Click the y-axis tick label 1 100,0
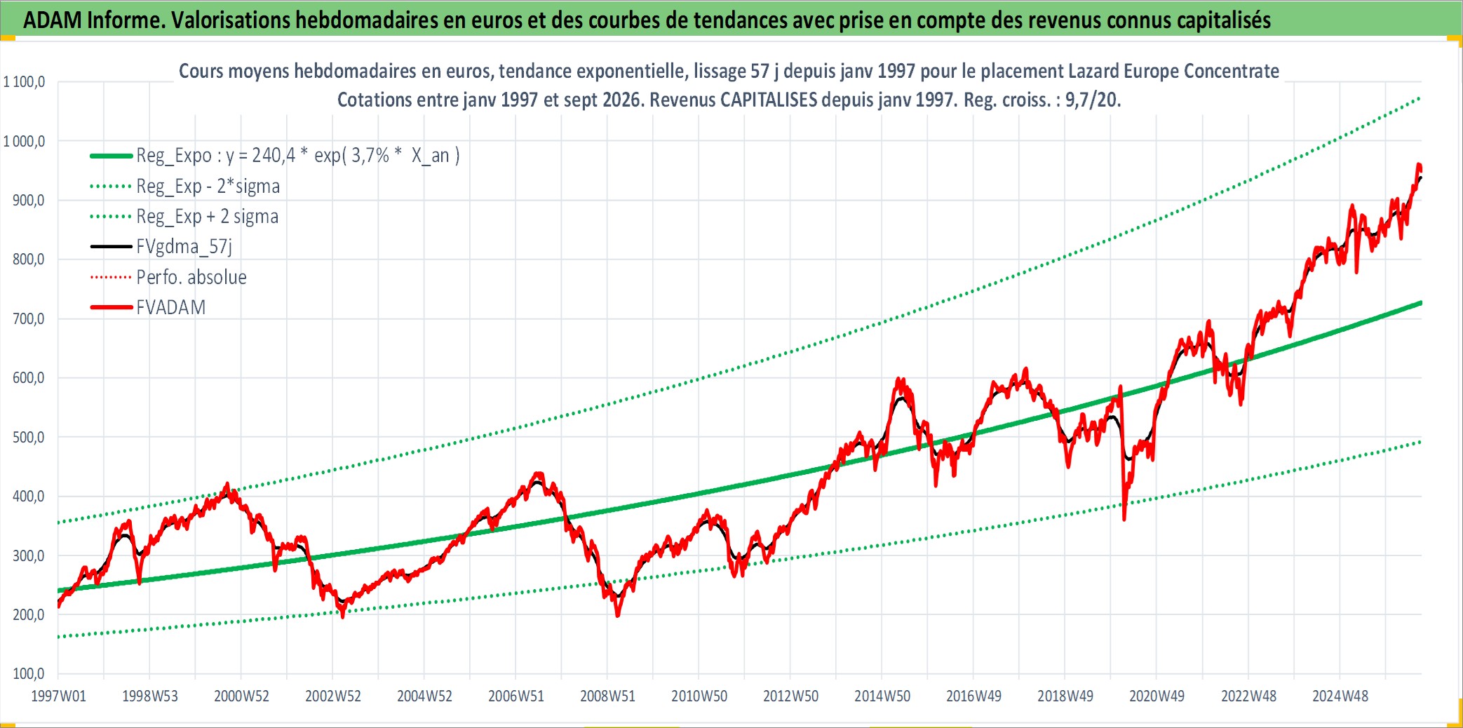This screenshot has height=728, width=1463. [25, 82]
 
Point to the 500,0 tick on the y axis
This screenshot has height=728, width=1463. [29, 438]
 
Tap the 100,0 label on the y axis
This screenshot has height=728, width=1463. [29, 674]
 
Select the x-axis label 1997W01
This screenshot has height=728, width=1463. [59, 696]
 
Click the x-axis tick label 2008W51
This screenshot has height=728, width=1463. [607, 696]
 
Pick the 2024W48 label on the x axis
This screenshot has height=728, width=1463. [1340, 696]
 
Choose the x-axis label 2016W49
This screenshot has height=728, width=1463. [973, 696]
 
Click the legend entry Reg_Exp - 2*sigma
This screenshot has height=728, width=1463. [208, 187]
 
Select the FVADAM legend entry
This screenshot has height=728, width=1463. [171, 307]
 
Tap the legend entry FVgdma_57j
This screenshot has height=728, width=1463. [184, 247]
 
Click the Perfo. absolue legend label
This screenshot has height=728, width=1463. [191, 277]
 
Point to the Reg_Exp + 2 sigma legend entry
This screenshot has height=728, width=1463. [207, 217]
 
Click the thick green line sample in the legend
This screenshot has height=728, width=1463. [112, 156]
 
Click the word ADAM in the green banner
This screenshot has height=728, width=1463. [53, 20]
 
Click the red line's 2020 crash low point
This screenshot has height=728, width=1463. [1124, 520]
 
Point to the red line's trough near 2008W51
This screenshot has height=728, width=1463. [617, 616]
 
